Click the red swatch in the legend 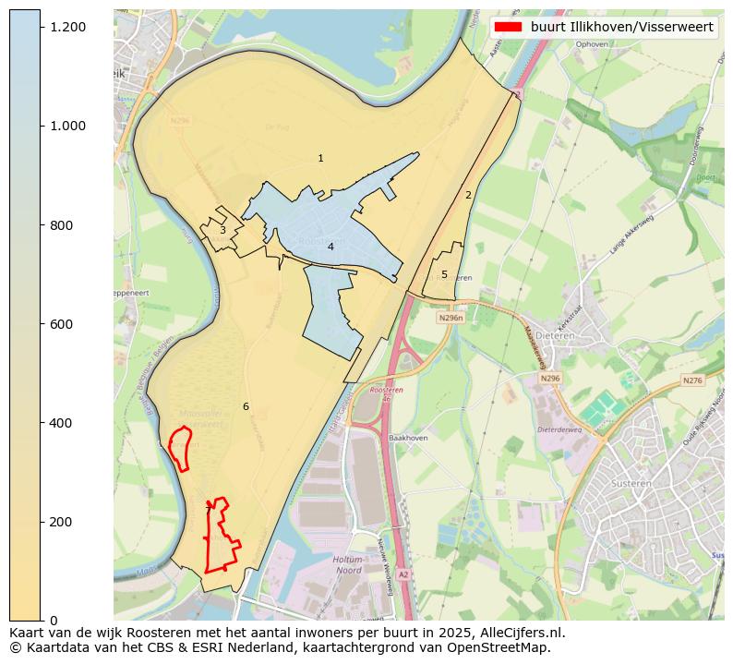click(x=508, y=27)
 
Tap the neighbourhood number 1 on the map click(x=320, y=159)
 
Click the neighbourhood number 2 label click(x=468, y=195)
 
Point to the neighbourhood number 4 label click(x=330, y=247)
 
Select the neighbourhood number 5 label click(x=444, y=274)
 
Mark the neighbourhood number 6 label click(x=246, y=406)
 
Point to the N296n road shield click(x=450, y=318)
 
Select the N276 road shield click(x=692, y=380)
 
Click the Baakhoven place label click(x=407, y=438)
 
